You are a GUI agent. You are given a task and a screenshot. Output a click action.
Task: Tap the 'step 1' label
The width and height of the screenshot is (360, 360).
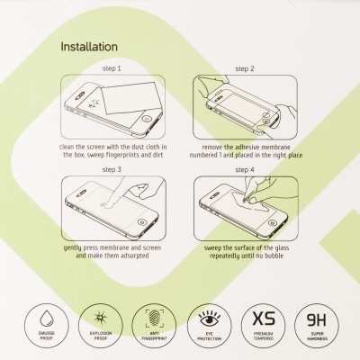click(112, 68)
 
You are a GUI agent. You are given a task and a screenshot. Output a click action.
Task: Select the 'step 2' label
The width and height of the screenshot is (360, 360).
click(244, 68)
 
